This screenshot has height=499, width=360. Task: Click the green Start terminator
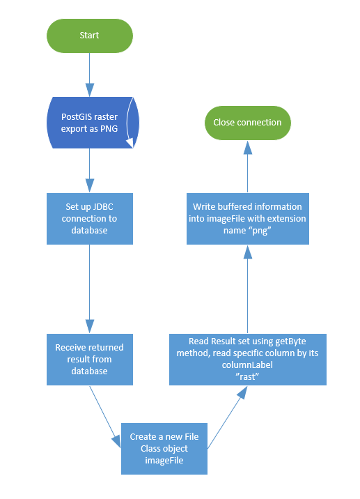tap(90, 36)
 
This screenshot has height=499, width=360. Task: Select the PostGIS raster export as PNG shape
tap(93, 123)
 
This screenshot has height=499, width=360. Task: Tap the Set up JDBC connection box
tap(90, 219)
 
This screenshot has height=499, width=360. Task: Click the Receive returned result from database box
tap(90, 360)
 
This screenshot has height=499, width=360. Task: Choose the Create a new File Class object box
tap(164, 449)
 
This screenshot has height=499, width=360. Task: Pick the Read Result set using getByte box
tap(248, 360)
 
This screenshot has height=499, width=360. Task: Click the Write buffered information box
tap(248, 219)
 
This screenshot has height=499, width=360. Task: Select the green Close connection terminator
tap(248, 123)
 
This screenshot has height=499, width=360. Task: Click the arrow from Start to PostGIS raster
tap(90, 75)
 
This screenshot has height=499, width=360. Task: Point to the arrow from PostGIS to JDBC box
tap(90, 171)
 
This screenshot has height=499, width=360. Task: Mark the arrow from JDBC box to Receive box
tap(90, 289)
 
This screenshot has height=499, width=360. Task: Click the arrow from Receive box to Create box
tap(105, 417)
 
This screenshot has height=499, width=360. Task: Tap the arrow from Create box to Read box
tap(228, 417)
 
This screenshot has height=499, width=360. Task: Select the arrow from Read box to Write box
tap(248, 289)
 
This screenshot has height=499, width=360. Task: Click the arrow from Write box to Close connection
tap(248, 167)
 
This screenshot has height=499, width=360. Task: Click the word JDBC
tap(102, 207)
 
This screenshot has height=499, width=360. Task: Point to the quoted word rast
tap(247, 377)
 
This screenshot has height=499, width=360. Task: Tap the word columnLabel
tap(247, 365)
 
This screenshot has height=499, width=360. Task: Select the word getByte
tap(290, 341)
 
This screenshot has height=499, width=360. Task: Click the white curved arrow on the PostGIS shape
tap(130, 123)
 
